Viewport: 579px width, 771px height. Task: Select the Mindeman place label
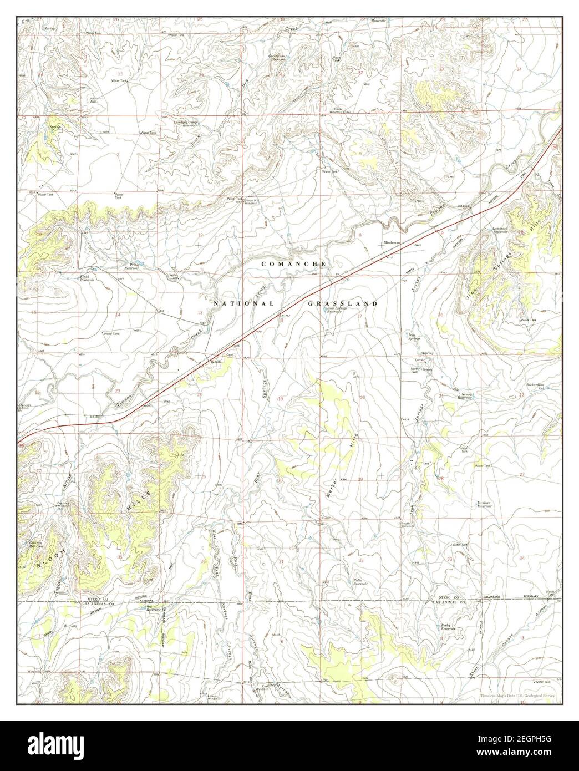click(392, 244)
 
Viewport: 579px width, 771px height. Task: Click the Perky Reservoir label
click(448, 627)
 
